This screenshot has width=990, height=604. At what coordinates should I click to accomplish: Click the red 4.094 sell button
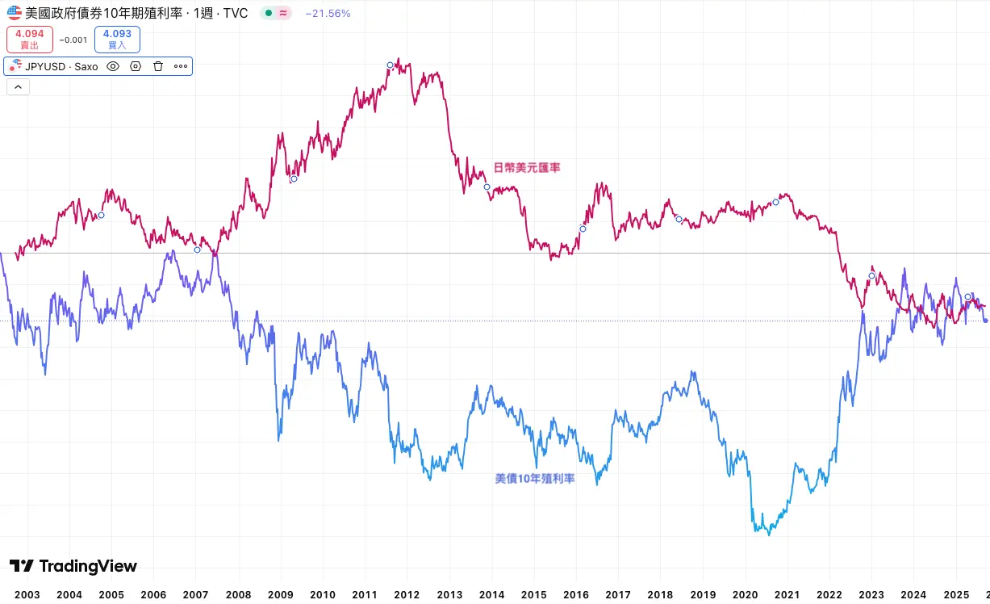[30, 40]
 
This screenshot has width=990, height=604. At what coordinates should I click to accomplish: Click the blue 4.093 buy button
[117, 40]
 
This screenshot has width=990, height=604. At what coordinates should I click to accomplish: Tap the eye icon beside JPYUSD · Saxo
[113, 66]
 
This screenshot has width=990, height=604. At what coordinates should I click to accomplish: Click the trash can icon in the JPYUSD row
[158, 66]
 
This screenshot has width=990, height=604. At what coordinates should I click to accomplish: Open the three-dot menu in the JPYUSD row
[181, 66]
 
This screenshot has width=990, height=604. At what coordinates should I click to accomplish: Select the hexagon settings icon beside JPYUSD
[136, 66]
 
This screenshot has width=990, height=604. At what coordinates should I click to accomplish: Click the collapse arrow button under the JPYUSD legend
[18, 87]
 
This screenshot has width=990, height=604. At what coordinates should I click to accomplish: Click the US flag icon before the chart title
[15, 13]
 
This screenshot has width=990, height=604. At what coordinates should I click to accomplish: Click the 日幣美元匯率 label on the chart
[527, 167]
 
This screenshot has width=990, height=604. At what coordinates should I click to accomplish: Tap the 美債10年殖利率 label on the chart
[535, 479]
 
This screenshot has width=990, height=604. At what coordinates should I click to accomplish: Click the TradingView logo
[73, 566]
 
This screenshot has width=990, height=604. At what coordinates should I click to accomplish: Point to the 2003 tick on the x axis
[27, 595]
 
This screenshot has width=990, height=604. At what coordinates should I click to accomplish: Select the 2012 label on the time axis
[407, 595]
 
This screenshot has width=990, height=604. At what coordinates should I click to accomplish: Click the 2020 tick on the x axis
[745, 595]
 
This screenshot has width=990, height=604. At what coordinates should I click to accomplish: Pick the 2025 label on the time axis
[955, 595]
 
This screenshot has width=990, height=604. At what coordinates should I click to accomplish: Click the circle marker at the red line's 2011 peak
[390, 65]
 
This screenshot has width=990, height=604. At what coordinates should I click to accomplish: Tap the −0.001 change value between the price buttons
[73, 40]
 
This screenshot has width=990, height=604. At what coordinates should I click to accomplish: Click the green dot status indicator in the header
[269, 13]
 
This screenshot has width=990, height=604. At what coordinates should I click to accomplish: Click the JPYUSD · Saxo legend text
[61, 66]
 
